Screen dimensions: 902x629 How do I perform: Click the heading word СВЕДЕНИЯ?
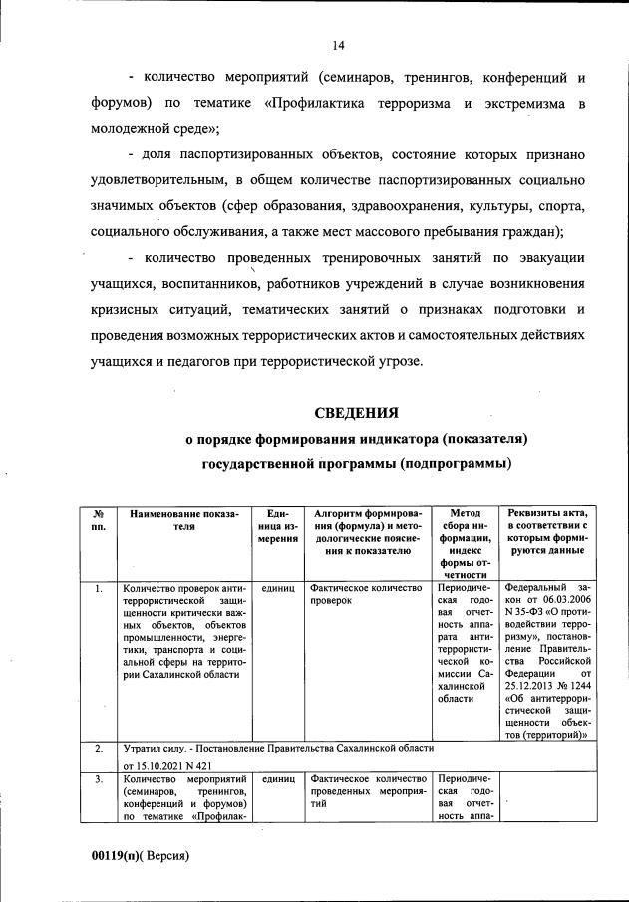tap(356, 411)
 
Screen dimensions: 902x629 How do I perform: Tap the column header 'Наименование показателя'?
tap(178, 520)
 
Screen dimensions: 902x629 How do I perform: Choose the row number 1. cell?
tap(98, 589)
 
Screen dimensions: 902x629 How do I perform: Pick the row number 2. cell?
tap(98, 747)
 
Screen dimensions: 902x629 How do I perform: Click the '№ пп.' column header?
tap(98, 519)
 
